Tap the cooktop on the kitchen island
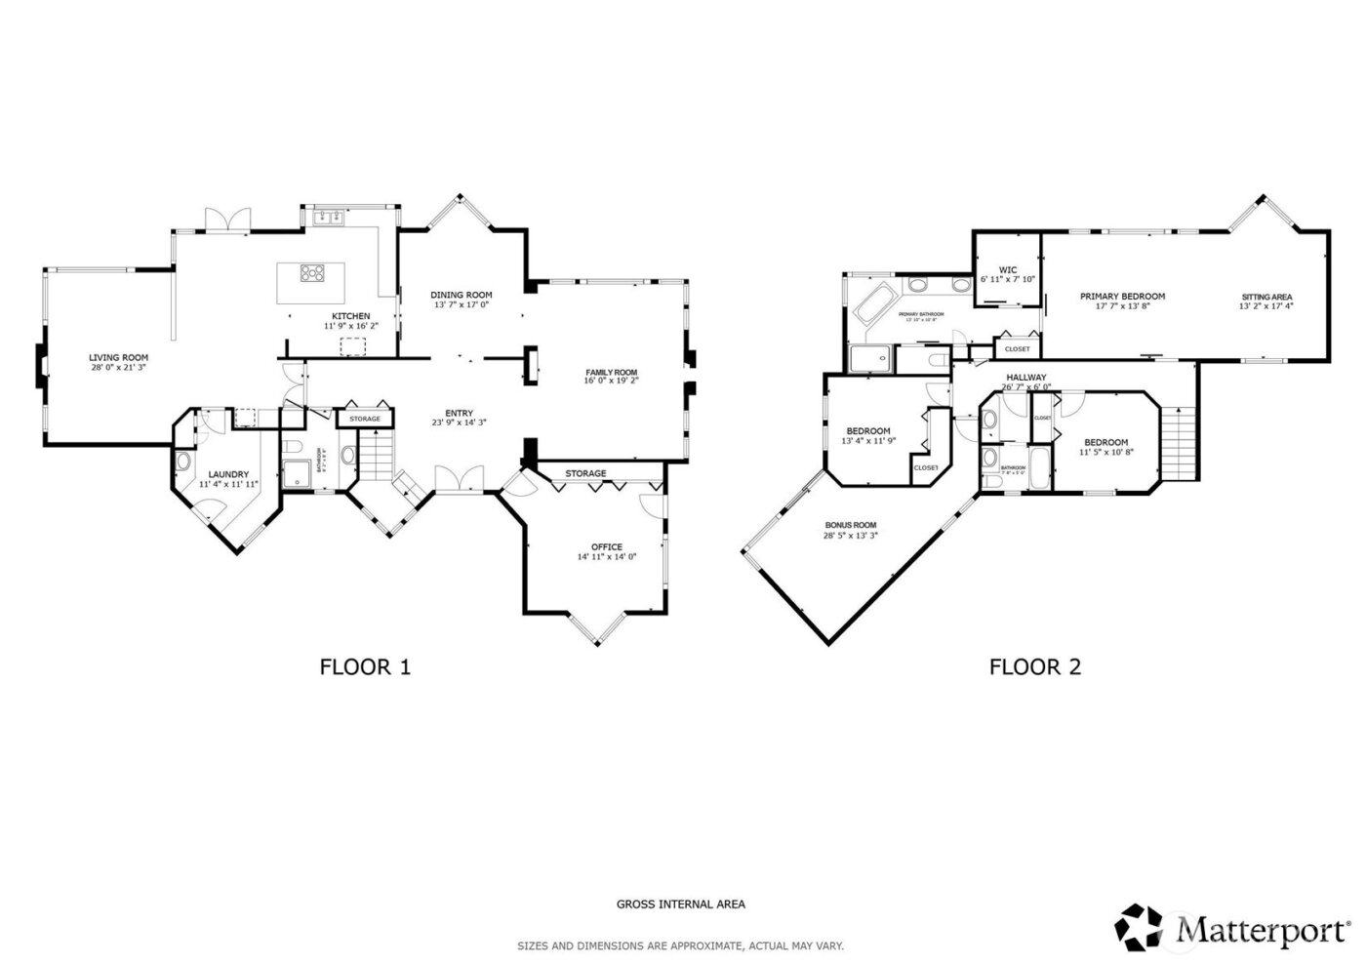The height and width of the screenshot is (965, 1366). (313, 274)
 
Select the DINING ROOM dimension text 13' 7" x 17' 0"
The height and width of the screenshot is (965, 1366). (461, 305)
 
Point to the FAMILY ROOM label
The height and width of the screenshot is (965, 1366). (611, 372)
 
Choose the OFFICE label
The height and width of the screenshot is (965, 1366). (606, 546)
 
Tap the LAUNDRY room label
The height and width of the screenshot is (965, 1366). (228, 474)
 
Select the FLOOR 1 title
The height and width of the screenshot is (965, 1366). (365, 667)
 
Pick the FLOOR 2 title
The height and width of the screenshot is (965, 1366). (1034, 667)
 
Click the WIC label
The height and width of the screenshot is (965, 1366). (1008, 270)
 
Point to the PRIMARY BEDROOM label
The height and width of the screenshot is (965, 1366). (1121, 297)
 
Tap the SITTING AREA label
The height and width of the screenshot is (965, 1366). (1266, 297)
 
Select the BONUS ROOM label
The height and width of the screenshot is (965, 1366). (850, 524)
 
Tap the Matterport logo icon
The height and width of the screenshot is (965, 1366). (1142, 928)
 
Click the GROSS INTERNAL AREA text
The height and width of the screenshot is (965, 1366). (680, 905)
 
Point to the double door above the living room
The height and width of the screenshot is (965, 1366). (226, 221)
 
